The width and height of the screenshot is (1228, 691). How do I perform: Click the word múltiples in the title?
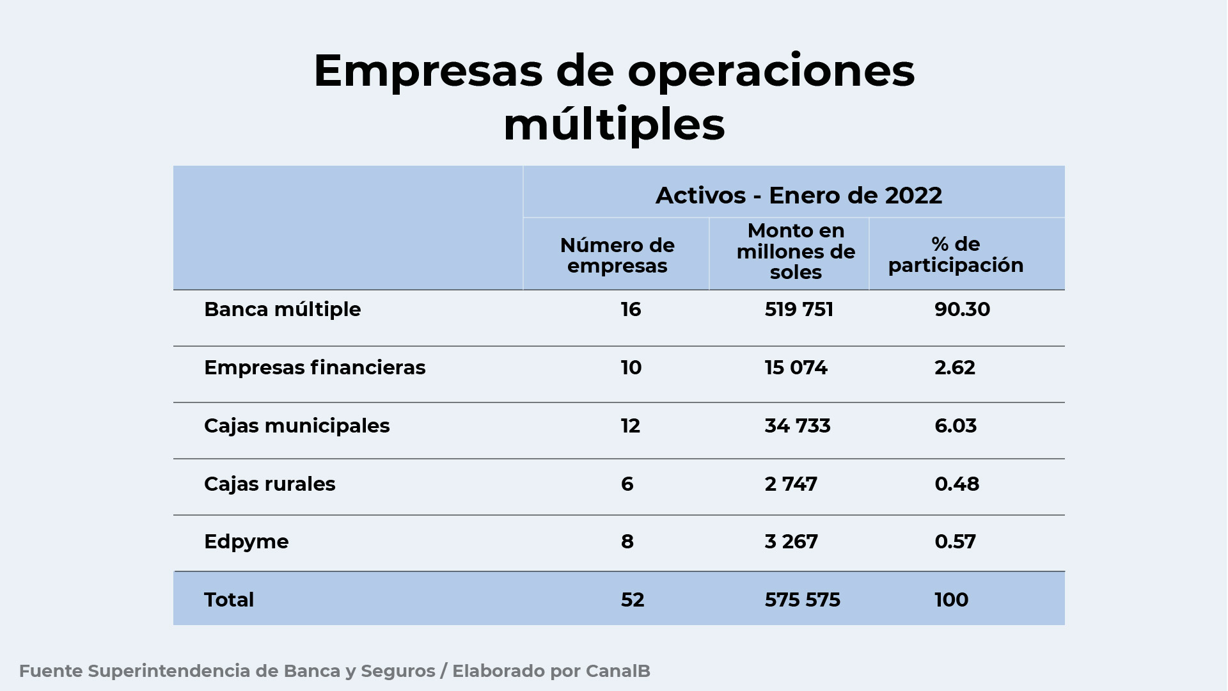click(x=614, y=124)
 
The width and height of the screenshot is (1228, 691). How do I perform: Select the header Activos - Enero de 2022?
click(x=798, y=195)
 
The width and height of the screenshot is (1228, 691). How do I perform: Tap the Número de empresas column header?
click(x=617, y=255)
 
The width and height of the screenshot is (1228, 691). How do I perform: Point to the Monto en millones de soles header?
click(x=796, y=251)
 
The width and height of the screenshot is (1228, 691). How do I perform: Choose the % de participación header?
click(x=956, y=255)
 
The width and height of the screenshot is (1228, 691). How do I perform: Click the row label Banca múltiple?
click(x=282, y=310)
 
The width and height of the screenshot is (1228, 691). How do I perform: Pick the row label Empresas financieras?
click(x=314, y=368)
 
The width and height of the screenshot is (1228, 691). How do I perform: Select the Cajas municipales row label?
click(x=297, y=426)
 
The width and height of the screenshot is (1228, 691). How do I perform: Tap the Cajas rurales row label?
click(x=269, y=484)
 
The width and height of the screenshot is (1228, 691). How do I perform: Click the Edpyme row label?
click(x=246, y=542)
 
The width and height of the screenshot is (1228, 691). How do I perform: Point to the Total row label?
click(x=229, y=600)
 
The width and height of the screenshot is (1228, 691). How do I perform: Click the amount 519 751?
click(x=799, y=310)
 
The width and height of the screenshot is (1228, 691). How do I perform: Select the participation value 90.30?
click(x=962, y=310)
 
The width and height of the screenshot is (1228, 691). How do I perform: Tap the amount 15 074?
click(x=796, y=368)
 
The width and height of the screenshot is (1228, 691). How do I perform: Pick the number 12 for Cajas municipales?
click(x=630, y=426)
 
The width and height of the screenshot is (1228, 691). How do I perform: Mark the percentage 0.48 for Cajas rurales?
click(x=957, y=484)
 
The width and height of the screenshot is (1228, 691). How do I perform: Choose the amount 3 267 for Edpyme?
click(x=791, y=542)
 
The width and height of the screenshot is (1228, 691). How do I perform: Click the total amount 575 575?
click(x=802, y=600)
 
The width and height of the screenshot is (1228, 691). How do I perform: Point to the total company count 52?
click(x=632, y=600)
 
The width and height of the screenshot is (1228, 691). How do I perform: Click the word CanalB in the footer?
click(x=618, y=671)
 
